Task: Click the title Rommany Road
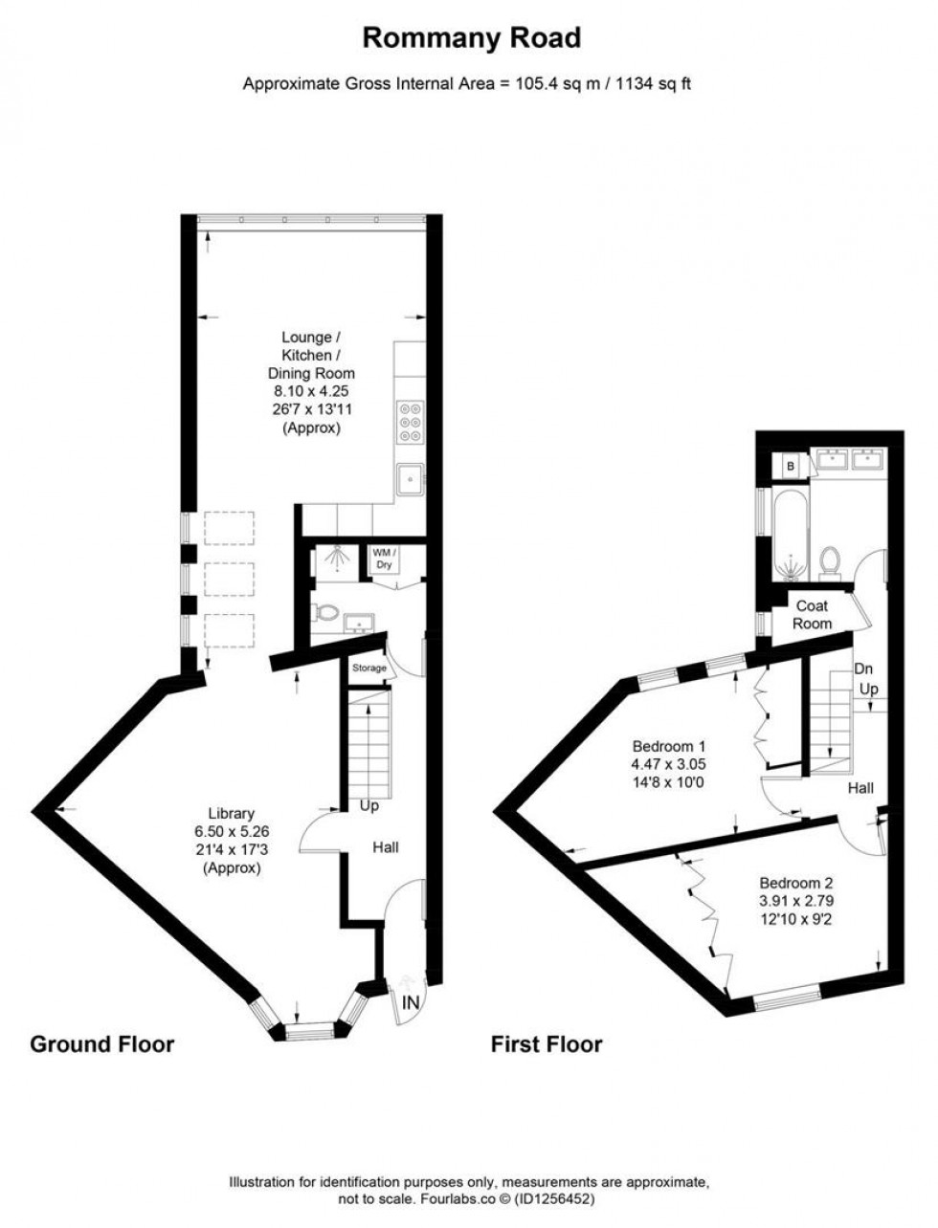(x=471, y=38)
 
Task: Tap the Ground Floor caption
(x=102, y=1043)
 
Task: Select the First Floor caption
(x=547, y=1044)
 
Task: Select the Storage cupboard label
(x=369, y=668)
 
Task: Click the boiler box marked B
(x=791, y=465)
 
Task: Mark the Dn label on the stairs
(x=864, y=669)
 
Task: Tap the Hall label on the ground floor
(x=385, y=846)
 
